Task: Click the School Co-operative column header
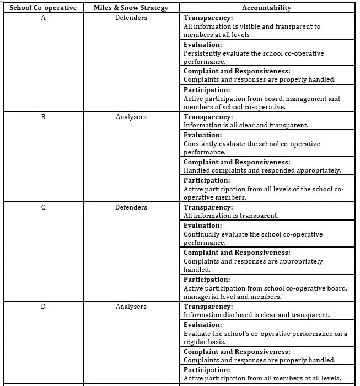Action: (x=43, y=8)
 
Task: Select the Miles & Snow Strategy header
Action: (x=131, y=8)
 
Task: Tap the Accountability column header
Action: (x=266, y=8)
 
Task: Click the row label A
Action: (x=43, y=17)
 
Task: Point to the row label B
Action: (x=43, y=117)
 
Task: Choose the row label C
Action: (x=43, y=207)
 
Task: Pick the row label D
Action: (x=43, y=307)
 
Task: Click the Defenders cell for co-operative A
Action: (x=131, y=17)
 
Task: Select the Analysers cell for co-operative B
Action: (x=131, y=117)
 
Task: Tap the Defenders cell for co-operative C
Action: (x=131, y=207)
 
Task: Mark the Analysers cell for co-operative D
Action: (x=131, y=307)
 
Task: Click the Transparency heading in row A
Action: (x=208, y=18)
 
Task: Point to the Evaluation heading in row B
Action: (x=202, y=135)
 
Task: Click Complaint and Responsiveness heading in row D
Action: (x=237, y=352)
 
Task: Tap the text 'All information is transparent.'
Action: (x=230, y=216)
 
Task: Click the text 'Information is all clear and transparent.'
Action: (x=245, y=125)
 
